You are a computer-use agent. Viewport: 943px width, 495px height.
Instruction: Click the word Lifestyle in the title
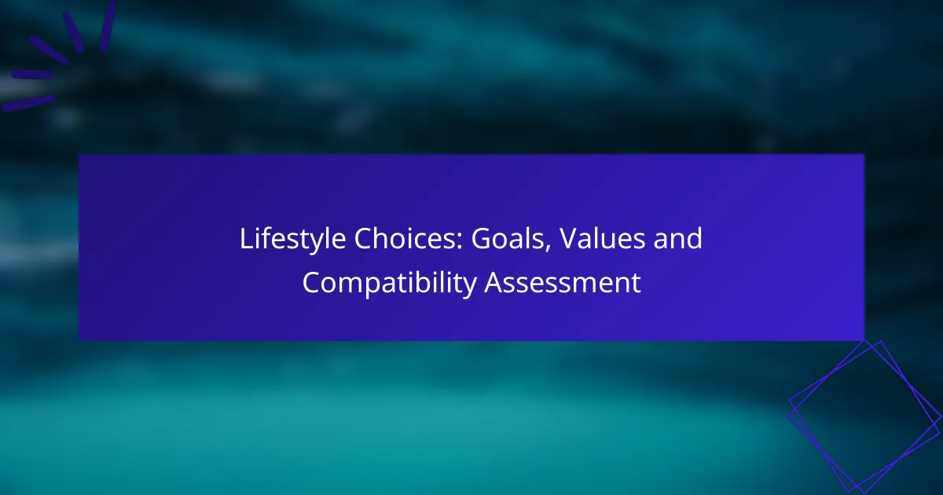pos(292,239)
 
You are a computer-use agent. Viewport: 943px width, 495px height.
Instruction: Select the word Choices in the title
pos(405,238)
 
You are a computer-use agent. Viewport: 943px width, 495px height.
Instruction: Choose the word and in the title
pos(677,238)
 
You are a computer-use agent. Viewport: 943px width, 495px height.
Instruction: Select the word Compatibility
pos(390,283)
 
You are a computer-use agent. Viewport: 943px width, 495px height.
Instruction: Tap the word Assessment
pos(563,282)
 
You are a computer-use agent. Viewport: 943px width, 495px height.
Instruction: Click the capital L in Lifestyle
pos(246,239)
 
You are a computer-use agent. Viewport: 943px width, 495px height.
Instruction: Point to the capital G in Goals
pos(481,239)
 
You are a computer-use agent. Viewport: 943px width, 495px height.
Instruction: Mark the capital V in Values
pos(570,239)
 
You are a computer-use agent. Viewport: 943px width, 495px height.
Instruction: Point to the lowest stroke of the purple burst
pos(28,104)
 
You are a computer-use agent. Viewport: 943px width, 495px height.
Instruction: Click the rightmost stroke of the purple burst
pos(108,26)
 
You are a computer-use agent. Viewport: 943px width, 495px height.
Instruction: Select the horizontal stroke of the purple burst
pos(32,75)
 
